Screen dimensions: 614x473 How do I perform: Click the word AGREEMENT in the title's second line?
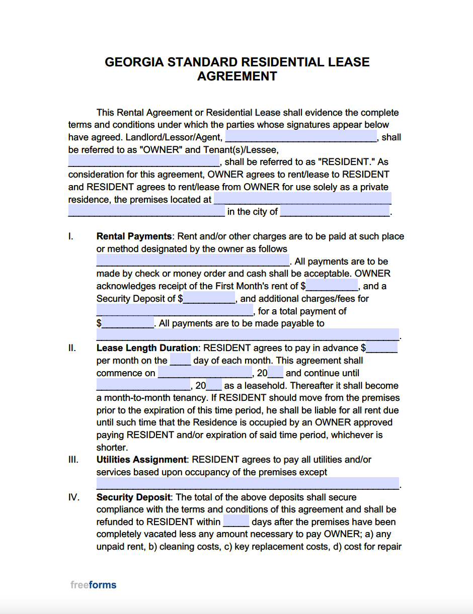[x=237, y=76]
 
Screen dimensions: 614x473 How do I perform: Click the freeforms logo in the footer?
[x=93, y=585]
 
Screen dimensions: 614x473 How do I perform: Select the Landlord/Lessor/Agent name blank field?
[x=301, y=137]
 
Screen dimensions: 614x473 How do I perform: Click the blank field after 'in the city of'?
[x=335, y=212]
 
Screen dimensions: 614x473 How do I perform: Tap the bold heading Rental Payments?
[x=134, y=236]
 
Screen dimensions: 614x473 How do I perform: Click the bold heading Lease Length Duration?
[x=147, y=348]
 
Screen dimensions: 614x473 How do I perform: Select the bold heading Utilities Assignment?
[x=141, y=460]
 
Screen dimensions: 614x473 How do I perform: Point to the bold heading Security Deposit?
[x=133, y=497]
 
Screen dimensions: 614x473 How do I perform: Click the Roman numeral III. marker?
[x=73, y=460]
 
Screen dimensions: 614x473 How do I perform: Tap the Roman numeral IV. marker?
[x=73, y=497]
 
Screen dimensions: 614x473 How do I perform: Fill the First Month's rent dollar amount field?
[x=332, y=286]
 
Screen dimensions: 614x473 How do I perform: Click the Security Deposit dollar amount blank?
[x=209, y=299]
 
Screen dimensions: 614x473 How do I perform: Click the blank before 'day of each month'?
[x=180, y=361]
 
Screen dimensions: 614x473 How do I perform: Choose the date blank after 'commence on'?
[x=205, y=373]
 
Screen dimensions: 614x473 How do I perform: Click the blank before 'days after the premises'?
[x=236, y=522]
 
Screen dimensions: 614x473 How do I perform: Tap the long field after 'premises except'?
[x=248, y=484]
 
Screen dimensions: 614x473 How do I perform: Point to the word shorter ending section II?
[x=112, y=448]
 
